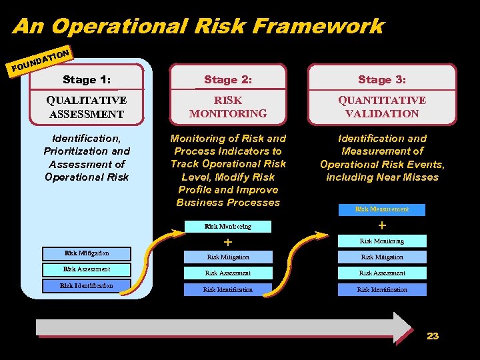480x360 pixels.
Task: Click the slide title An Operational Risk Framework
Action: click(x=198, y=26)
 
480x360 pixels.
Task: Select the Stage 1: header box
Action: click(x=87, y=79)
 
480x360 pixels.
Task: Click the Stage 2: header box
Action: click(x=228, y=79)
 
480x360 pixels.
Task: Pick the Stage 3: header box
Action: click(x=382, y=79)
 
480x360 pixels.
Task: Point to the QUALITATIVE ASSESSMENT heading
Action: click(x=87, y=107)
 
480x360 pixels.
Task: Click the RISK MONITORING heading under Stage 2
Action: click(x=228, y=107)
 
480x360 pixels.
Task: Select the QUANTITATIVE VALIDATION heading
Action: click(x=382, y=107)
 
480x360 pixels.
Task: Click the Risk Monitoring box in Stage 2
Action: click(x=228, y=227)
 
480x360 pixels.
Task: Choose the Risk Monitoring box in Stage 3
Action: click(x=382, y=241)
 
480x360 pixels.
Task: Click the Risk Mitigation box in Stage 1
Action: click(x=87, y=253)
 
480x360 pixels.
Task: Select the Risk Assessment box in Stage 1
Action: click(x=87, y=269)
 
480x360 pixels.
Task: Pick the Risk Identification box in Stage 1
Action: click(x=87, y=286)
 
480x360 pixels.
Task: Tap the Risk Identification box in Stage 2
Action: click(x=228, y=289)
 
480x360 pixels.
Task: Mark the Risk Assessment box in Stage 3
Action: click(x=382, y=273)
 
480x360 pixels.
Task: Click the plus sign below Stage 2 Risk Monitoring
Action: click(x=228, y=241)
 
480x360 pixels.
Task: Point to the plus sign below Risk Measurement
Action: click(x=382, y=225)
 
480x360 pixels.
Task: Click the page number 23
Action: click(x=433, y=336)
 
